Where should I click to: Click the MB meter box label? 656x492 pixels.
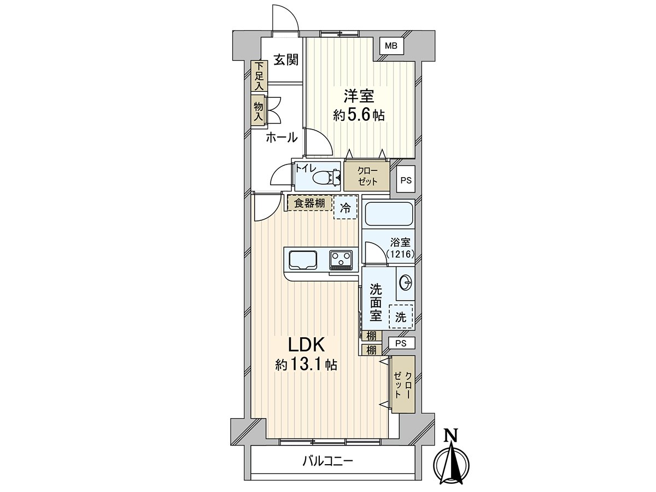[x=391, y=46]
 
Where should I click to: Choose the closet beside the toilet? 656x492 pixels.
[x=367, y=176]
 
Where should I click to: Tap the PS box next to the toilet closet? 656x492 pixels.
[x=406, y=179]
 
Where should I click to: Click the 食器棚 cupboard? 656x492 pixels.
[x=309, y=203]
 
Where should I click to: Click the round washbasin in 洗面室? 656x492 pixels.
[x=406, y=282]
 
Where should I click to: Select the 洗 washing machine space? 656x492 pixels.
[x=401, y=317]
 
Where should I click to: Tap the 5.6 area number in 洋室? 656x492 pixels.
[x=358, y=114]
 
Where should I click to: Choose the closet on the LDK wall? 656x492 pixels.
[x=403, y=384]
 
